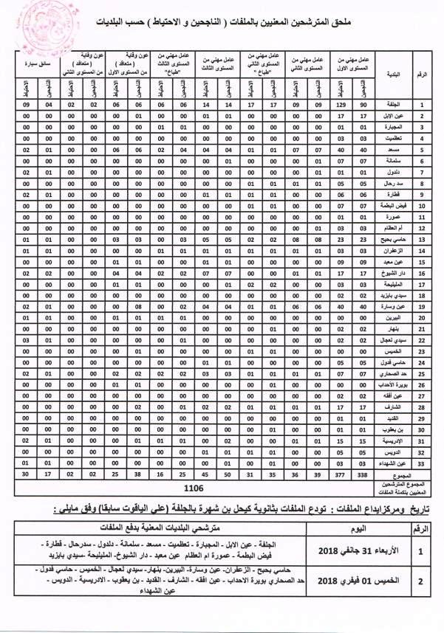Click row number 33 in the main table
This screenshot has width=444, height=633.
[421, 463]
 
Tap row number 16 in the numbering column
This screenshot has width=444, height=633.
[421, 271]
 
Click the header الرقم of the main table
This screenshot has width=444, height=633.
[422, 76]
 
